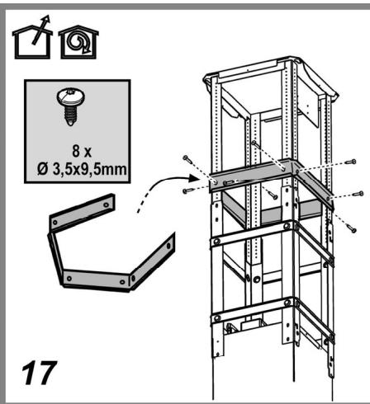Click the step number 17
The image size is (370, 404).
(39, 373)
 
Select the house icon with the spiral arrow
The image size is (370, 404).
(78, 42)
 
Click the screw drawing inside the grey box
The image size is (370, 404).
(71, 106)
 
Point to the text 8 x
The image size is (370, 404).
(82, 151)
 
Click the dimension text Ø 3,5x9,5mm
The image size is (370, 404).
(82, 170)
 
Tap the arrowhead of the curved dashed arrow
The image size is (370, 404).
(194, 178)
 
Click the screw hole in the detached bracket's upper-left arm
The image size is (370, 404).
(55, 222)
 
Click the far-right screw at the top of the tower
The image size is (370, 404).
(350, 162)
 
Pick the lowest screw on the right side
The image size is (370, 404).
(351, 228)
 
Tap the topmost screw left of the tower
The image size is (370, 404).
(187, 158)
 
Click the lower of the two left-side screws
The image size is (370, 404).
(187, 190)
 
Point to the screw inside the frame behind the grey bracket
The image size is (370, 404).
(254, 143)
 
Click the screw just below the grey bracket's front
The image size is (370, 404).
(273, 195)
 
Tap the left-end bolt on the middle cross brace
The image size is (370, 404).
(217, 242)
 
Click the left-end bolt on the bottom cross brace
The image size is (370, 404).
(217, 318)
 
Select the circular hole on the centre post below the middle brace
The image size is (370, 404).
(257, 280)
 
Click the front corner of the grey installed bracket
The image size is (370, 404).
(293, 176)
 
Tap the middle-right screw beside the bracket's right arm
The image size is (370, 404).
(358, 194)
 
